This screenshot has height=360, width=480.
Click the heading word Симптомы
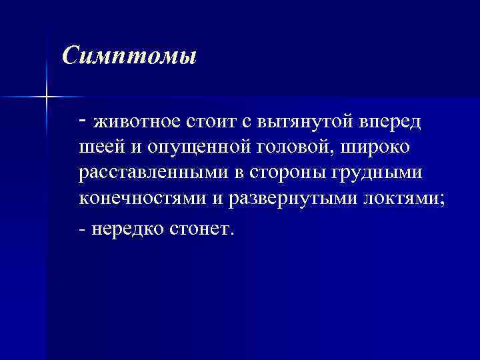pyautogui.click(x=129, y=55)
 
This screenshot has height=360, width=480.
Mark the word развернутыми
pyautogui.click(x=273, y=198)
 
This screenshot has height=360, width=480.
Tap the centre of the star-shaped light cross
pyautogui.click(x=47, y=97)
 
